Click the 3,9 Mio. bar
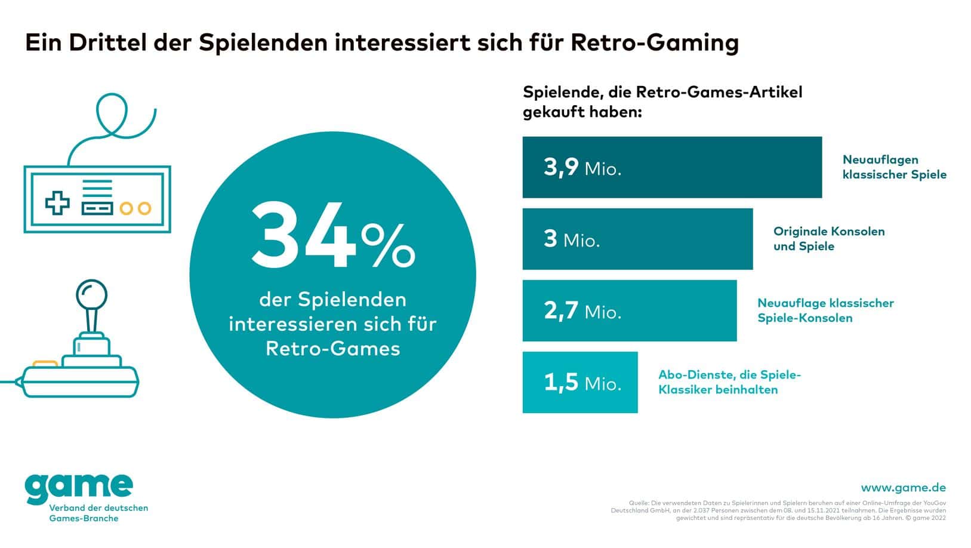(671, 167)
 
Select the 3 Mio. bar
(637, 239)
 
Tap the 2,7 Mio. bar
(629, 310)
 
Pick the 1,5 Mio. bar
(579, 382)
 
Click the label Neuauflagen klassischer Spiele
(894, 167)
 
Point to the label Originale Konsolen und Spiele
(828, 239)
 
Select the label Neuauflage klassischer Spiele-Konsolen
(825, 310)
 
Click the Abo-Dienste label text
(729, 382)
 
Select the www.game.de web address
(903, 488)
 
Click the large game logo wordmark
(79, 488)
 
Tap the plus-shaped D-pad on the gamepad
(57, 202)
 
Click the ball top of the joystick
(91, 294)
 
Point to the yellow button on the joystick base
(45, 364)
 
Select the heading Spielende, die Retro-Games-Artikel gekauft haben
(662, 102)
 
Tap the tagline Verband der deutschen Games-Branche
(98, 513)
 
